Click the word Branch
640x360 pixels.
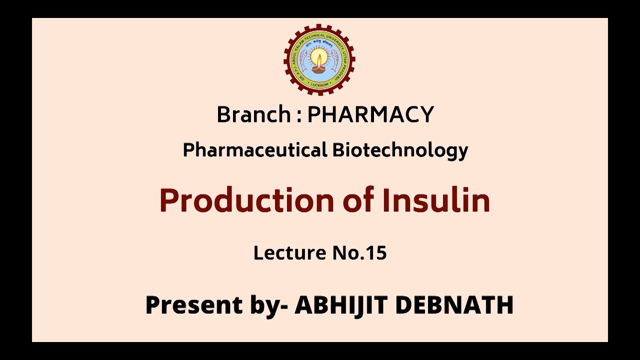(254, 114)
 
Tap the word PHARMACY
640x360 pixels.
(370, 114)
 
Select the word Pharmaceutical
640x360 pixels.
(254, 149)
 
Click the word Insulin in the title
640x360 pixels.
(436, 200)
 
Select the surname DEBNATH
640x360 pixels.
(454, 304)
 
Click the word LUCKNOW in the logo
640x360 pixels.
(319, 84)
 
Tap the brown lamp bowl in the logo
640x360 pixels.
(319, 70)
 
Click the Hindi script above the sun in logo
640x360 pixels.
(319, 44)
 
